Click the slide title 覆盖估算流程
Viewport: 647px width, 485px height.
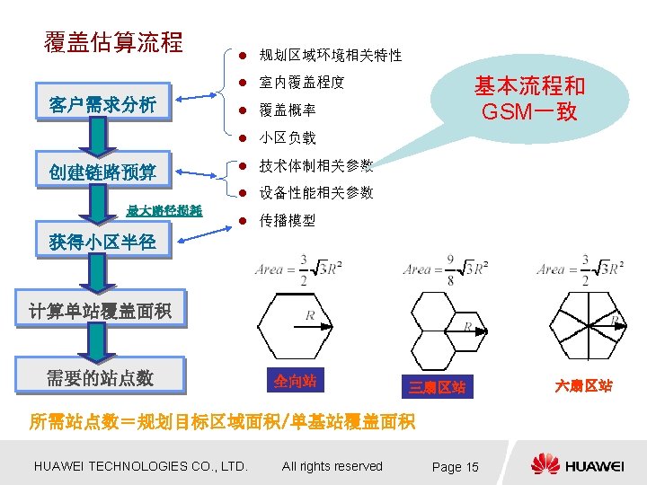(113, 42)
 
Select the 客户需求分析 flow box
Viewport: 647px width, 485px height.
(102, 105)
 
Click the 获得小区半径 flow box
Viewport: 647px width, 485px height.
(102, 242)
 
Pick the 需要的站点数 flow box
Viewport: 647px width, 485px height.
(100, 377)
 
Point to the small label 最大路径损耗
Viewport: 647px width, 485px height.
(164, 211)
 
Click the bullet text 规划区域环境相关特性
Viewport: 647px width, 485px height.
(330, 56)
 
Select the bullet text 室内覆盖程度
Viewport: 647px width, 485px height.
(301, 83)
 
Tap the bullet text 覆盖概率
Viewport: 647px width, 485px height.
(287, 110)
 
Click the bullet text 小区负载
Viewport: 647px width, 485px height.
(287, 138)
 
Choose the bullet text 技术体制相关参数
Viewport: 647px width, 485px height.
(315, 166)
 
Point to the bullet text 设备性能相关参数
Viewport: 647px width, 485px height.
(315, 193)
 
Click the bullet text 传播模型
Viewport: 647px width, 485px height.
(287, 220)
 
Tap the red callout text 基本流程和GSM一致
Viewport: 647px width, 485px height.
(529, 99)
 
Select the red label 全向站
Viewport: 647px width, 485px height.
(295, 381)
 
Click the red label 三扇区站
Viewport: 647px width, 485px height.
(437, 387)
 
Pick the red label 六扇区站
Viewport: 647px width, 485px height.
(583, 385)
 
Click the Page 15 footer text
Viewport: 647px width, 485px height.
(456, 467)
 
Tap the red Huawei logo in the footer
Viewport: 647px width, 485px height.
(545, 464)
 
